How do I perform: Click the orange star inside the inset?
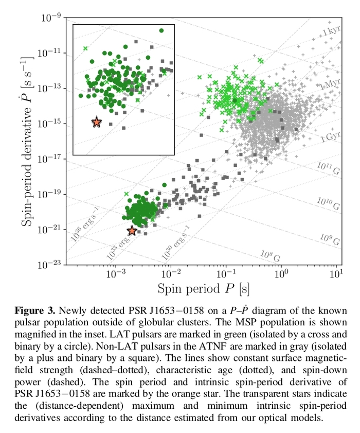pos(97,123)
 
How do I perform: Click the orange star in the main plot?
pos(132,231)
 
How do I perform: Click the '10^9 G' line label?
pos(330,240)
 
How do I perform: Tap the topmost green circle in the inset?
pos(161,31)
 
